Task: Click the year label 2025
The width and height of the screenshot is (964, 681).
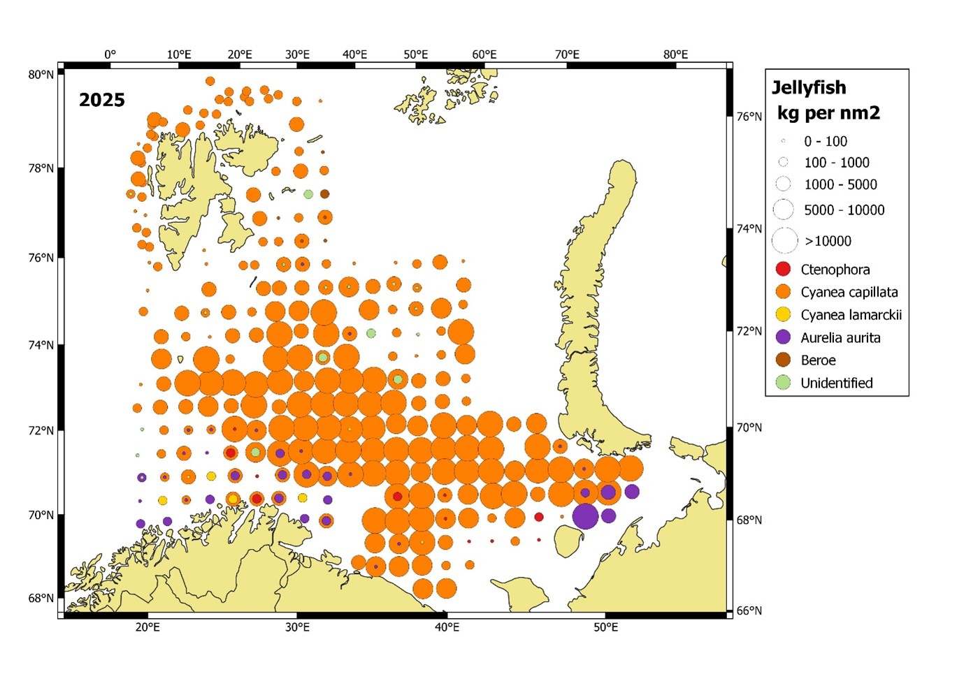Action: [x=101, y=100]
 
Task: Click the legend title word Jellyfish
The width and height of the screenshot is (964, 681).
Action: [x=809, y=88]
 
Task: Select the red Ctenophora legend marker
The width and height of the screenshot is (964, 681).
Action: [x=784, y=269]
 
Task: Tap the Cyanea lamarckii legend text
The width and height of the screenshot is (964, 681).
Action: [x=851, y=315]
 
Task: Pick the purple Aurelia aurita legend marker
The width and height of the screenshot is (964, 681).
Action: [x=784, y=337]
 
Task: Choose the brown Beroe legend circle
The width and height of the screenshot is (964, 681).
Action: [x=784, y=360]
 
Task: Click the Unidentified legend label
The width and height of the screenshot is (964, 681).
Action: [x=836, y=383]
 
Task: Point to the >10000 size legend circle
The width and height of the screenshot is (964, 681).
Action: [x=784, y=240]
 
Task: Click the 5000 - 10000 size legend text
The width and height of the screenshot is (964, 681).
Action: [x=844, y=210]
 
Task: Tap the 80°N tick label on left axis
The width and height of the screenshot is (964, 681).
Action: [x=41, y=75]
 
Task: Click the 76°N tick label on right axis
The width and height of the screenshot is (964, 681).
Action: [x=749, y=117]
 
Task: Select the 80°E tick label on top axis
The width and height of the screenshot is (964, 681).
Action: [x=675, y=54]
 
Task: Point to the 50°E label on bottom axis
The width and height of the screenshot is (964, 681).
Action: [x=605, y=627]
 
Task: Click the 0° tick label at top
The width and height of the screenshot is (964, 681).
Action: [x=110, y=54]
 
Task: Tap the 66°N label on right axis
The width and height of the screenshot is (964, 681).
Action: [x=749, y=610]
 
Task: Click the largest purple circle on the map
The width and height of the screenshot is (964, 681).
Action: [x=585, y=517]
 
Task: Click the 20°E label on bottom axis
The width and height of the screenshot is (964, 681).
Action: [x=148, y=627]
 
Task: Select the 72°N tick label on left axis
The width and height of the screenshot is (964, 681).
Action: [x=41, y=430]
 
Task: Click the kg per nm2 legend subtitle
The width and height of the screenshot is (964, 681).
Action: [x=828, y=113]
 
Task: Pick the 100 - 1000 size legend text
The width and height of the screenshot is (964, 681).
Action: [x=836, y=163]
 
